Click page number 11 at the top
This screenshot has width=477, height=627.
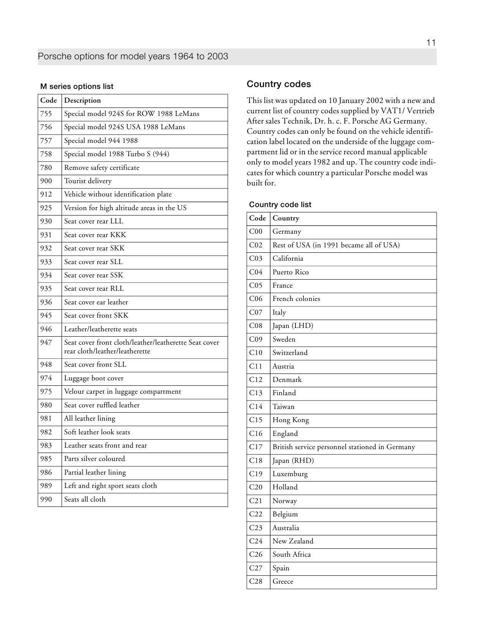[431, 43]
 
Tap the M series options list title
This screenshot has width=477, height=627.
[77, 86]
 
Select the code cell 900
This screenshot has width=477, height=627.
[46, 181]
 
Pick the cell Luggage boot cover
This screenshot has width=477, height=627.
[93, 378]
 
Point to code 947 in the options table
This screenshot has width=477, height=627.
[46, 342]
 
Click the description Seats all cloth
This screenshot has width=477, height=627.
[85, 499]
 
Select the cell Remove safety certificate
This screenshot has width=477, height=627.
[101, 168]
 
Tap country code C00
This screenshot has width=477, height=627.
[256, 231]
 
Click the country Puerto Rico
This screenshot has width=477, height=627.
[291, 272]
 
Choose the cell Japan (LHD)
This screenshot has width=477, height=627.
[293, 326]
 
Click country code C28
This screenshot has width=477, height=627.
[256, 581]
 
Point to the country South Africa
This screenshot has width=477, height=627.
[291, 554]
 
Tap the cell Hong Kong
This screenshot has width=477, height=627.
[291, 420]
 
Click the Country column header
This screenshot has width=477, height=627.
[286, 218]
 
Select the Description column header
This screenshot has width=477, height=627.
[82, 100]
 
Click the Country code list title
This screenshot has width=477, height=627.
[280, 204]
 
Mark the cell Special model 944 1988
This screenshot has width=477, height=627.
[101, 141]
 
